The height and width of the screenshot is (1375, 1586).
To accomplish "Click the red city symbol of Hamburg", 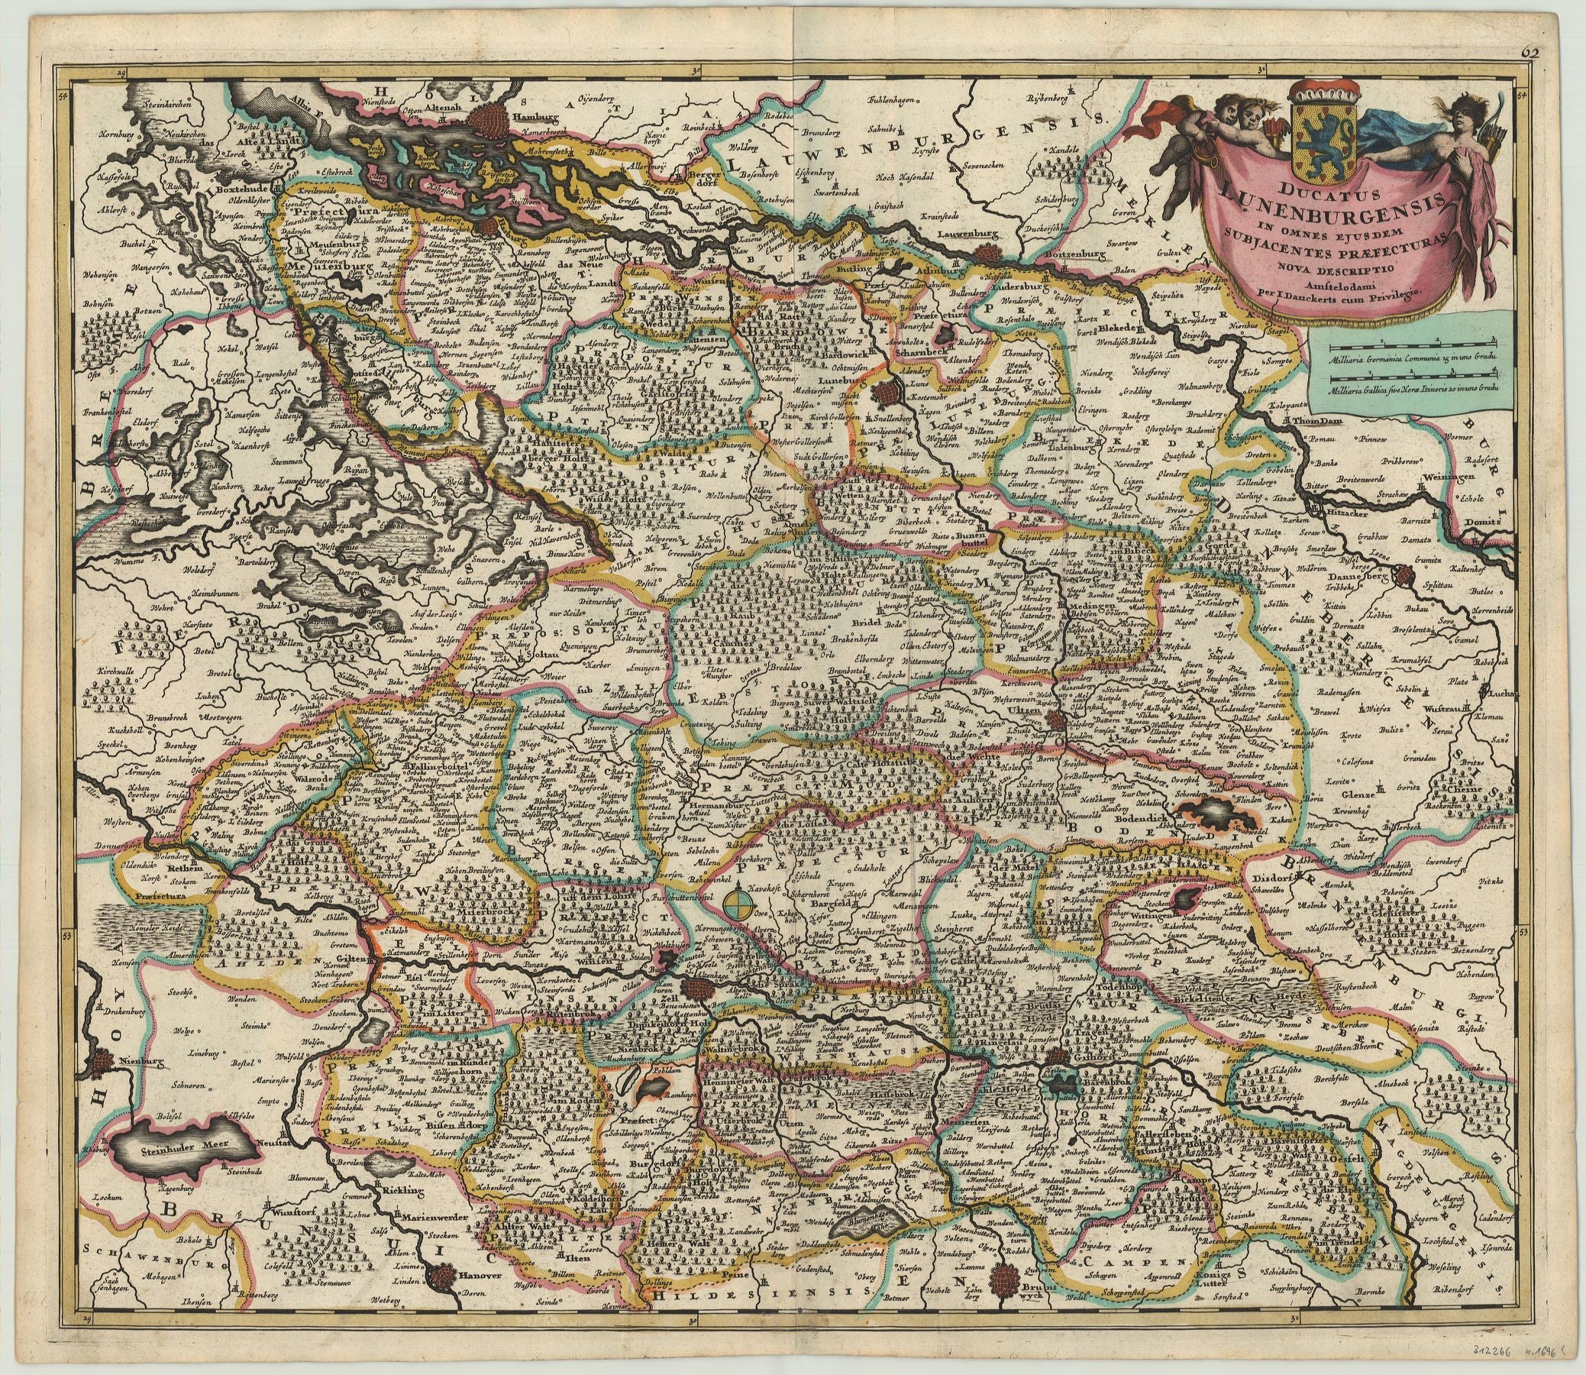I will (488, 120).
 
